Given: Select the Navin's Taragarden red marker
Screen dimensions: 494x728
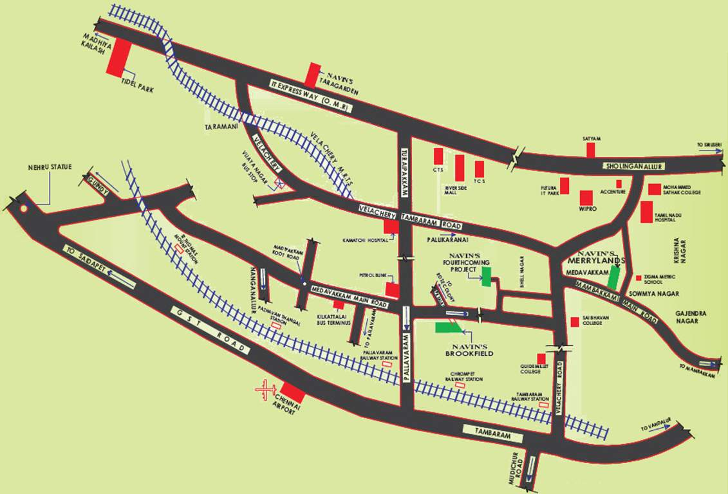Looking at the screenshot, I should click(x=313, y=75).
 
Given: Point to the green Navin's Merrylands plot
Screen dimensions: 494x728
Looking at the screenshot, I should click(x=614, y=277).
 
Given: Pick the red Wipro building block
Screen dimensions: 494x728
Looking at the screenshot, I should click(x=586, y=197).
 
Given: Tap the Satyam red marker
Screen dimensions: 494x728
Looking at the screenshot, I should click(x=590, y=149).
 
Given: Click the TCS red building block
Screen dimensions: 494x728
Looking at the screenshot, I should click(x=479, y=169).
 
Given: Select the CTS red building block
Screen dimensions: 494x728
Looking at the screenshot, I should click(x=438, y=156).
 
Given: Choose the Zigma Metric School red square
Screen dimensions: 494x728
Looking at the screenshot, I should click(x=639, y=279).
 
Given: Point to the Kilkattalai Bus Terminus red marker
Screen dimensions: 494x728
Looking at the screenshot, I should click(x=338, y=304).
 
